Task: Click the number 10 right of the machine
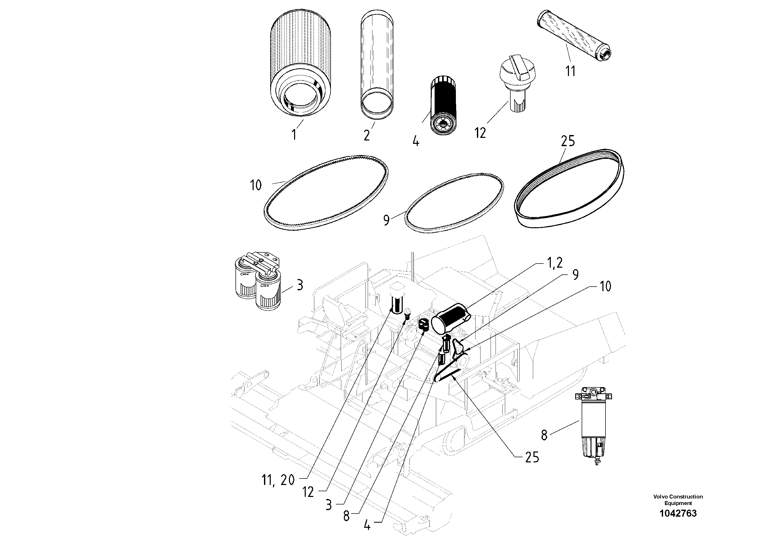pos(605,286)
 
